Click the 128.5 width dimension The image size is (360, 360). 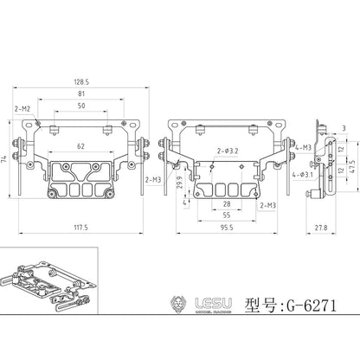tap(80, 83)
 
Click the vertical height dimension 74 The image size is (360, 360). tap(3, 162)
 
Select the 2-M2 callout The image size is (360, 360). tap(22, 110)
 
